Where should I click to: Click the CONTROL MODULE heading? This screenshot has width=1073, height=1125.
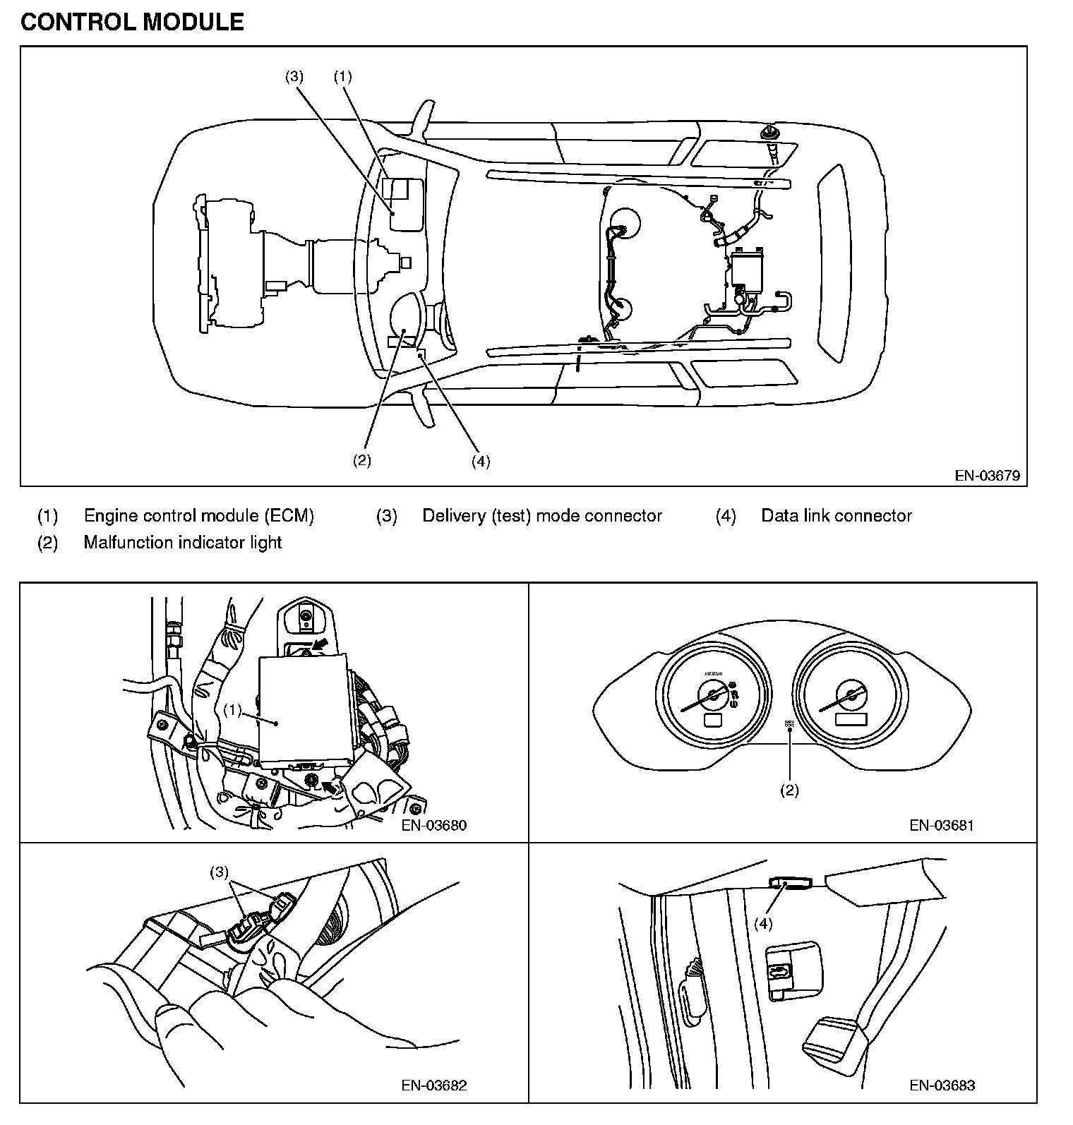coord(132,22)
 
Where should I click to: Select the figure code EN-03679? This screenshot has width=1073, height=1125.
coord(987,475)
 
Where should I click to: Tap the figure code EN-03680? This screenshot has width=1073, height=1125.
coord(434,824)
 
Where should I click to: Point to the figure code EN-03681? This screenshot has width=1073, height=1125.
coord(942,824)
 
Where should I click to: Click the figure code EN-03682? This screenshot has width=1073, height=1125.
coord(434,1085)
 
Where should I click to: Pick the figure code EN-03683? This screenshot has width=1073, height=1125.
coord(942,1085)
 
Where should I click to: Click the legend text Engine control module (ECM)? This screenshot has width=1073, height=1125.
coord(198,516)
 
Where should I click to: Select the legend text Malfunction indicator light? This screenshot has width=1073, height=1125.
coord(182,543)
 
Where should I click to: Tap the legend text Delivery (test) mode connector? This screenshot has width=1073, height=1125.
coord(541,516)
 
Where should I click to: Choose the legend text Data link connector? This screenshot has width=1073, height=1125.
coord(836,516)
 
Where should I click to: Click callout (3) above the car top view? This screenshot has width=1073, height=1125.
coord(294,76)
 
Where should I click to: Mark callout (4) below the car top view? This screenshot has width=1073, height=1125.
coord(480,462)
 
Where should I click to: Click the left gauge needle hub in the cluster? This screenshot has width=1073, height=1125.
coord(714,695)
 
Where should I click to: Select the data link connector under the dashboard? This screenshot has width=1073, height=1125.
coord(791,882)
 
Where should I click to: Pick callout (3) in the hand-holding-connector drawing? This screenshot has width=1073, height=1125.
coord(220,872)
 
